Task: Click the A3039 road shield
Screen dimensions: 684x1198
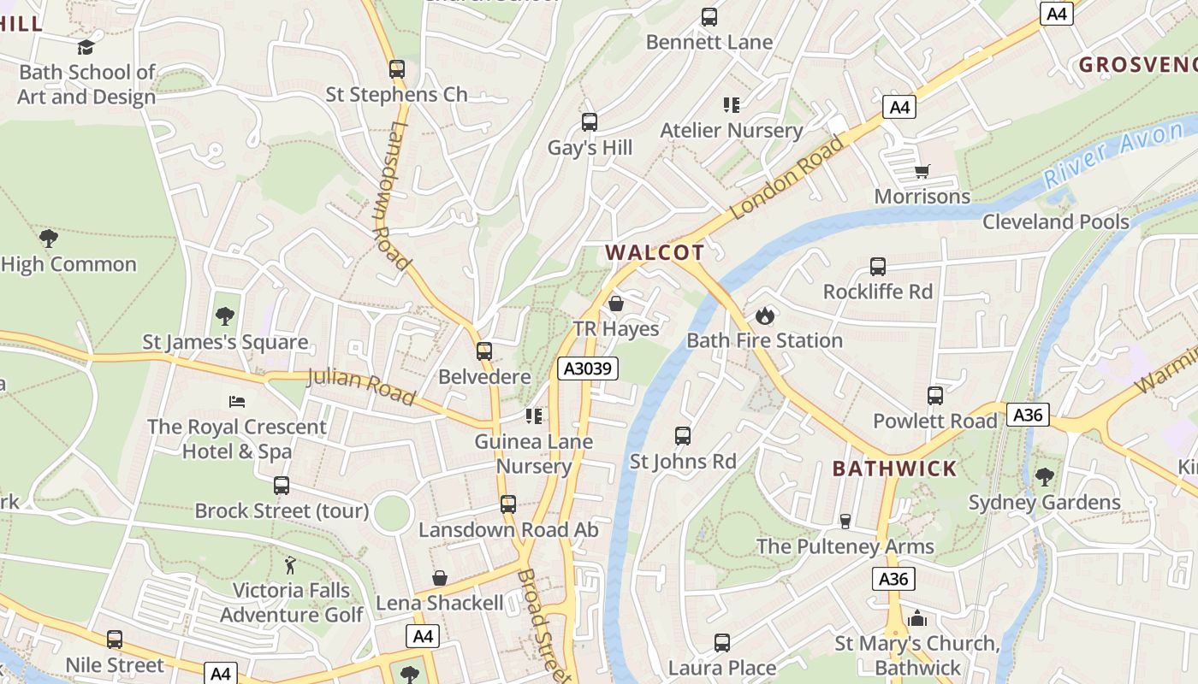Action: [x=587, y=369]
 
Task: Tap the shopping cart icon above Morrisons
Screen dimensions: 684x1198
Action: [x=922, y=171]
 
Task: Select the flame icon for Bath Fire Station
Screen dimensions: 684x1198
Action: [x=764, y=315]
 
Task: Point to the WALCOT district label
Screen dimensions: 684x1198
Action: [x=655, y=252]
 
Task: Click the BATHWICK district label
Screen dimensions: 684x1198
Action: [x=894, y=469]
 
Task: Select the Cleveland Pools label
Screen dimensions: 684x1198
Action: [x=1055, y=221]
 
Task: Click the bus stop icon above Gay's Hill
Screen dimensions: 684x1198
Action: [x=590, y=122]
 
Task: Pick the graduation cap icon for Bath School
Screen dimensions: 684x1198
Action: [x=86, y=47]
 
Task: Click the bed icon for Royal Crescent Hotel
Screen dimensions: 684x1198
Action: [x=237, y=401]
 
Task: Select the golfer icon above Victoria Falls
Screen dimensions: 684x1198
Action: [x=290, y=565]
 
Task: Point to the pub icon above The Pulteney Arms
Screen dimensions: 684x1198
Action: [x=845, y=521]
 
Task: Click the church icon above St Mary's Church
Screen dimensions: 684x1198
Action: [x=917, y=617]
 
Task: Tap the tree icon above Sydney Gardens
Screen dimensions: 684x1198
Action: [x=1044, y=476]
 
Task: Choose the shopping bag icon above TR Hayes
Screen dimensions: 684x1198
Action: [x=615, y=304]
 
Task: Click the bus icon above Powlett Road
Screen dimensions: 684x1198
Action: [x=935, y=396]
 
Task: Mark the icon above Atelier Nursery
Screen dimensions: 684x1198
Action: [x=731, y=105]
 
